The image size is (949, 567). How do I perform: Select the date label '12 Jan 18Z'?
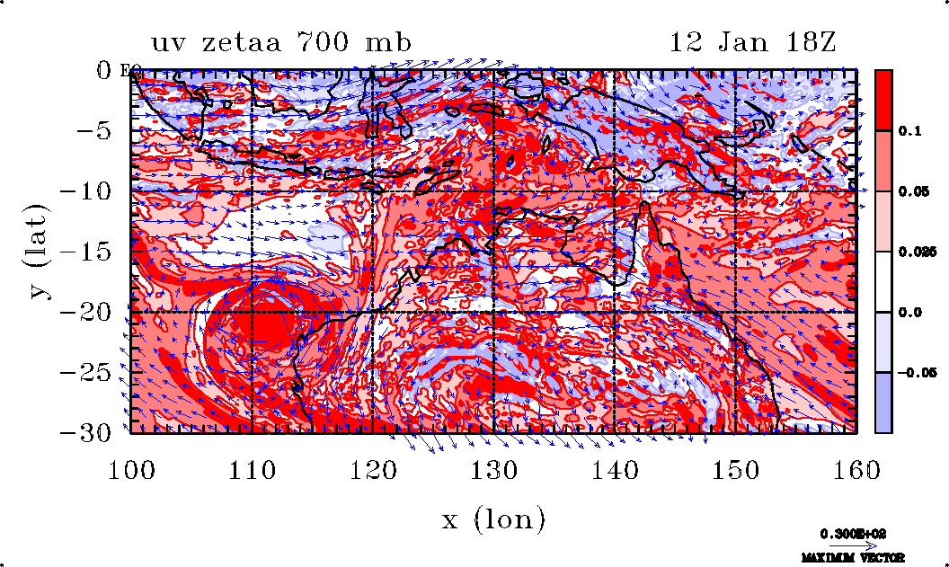click(753, 42)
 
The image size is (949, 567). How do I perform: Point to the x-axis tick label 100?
click(131, 468)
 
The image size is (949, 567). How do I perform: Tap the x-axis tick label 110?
click(252, 468)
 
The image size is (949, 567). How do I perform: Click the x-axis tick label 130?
click(493, 468)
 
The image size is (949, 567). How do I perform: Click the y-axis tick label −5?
click(99, 130)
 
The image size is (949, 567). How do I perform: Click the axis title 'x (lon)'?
click(493, 518)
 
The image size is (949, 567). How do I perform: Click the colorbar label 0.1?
click(910, 130)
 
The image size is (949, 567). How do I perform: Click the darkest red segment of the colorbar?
click(884, 100)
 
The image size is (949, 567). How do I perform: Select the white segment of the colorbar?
click(884, 281)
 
